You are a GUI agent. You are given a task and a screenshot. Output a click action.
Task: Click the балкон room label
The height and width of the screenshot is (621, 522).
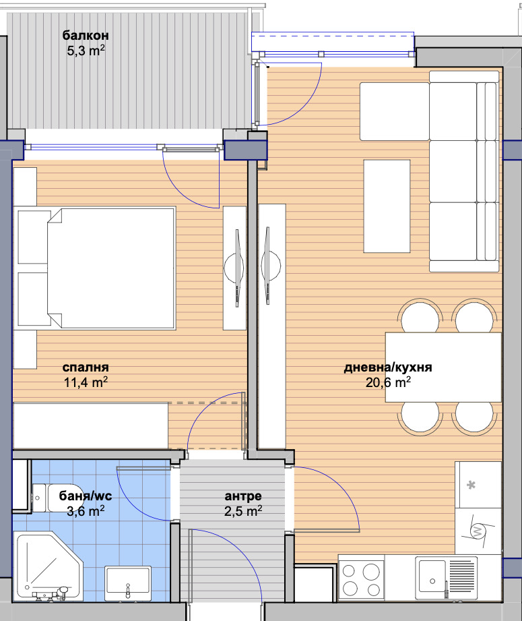[86, 35]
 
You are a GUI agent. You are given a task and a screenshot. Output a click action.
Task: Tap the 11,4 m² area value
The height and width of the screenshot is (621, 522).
[86, 382]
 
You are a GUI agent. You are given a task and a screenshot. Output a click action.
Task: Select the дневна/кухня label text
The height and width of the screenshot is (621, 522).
[388, 367]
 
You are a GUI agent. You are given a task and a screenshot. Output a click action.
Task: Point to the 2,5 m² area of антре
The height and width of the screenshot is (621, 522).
[243, 511]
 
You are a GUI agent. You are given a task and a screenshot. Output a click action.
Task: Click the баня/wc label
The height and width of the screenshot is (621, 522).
[86, 496]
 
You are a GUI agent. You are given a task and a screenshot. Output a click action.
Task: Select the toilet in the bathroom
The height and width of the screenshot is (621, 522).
[55, 498]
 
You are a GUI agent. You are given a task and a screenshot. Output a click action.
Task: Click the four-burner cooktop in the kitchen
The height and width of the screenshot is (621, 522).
[361, 579]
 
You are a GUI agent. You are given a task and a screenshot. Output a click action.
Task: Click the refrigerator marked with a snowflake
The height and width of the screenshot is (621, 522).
[478, 485]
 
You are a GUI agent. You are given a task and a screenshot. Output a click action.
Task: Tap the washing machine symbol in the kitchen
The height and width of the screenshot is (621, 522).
[478, 531]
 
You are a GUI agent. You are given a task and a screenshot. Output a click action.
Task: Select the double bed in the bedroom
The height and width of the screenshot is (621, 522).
[96, 268]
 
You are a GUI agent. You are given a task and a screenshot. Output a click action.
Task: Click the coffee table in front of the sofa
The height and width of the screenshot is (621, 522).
[387, 206]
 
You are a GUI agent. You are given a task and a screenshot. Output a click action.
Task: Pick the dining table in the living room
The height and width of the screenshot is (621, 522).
[443, 367]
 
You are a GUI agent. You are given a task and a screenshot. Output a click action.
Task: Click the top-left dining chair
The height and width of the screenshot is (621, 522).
[420, 316]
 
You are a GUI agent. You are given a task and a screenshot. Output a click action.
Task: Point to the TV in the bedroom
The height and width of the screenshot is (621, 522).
[235, 268]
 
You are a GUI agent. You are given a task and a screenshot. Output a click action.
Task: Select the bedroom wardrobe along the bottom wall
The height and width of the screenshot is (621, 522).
[91, 426]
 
